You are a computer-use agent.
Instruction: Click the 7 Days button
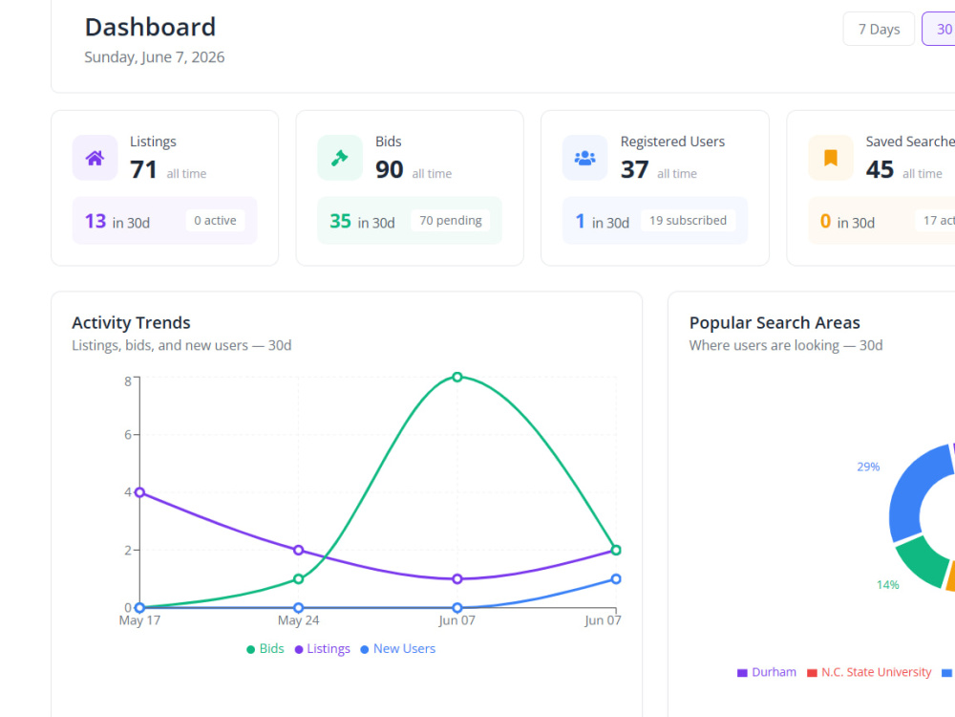point(879,29)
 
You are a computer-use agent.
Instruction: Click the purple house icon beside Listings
point(95,158)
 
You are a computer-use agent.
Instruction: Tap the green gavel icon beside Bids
point(339,158)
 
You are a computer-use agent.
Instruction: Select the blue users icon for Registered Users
point(584,158)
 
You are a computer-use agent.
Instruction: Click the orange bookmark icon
point(830,158)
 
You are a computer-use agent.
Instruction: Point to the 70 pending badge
point(450,220)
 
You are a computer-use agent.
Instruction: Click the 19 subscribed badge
point(688,220)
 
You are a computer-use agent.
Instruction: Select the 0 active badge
point(215,220)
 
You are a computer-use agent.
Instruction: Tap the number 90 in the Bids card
point(390,169)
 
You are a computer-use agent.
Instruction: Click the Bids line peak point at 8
point(456,377)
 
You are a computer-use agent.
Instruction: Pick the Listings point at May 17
point(139,492)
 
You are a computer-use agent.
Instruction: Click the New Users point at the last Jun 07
point(616,578)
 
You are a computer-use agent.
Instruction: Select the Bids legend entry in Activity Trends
point(265,649)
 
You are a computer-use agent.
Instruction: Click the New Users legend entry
point(397,649)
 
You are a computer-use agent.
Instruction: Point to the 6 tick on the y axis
point(128,435)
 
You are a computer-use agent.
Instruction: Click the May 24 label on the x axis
point(298,620)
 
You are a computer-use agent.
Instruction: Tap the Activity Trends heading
point(131,322)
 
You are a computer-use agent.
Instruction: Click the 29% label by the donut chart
point(868,467)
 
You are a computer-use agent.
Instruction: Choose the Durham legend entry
point(767,672)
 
